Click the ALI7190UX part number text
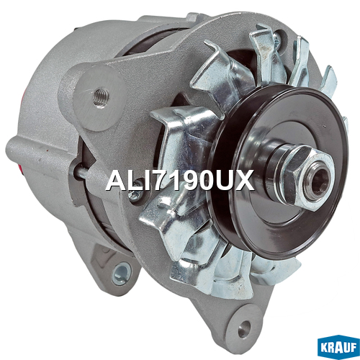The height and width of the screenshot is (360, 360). click(x=180, y=180)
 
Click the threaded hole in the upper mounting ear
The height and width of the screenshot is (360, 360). click(x=102, y=96)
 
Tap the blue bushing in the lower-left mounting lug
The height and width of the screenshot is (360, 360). click(x=121, y=273)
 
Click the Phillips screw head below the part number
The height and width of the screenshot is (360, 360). click(x=135, y=195)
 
